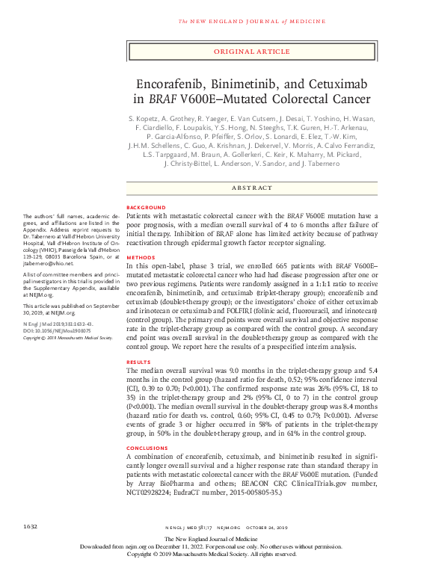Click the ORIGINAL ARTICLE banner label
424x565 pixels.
251,52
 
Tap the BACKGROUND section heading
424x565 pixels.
146,206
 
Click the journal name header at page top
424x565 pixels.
251,20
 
